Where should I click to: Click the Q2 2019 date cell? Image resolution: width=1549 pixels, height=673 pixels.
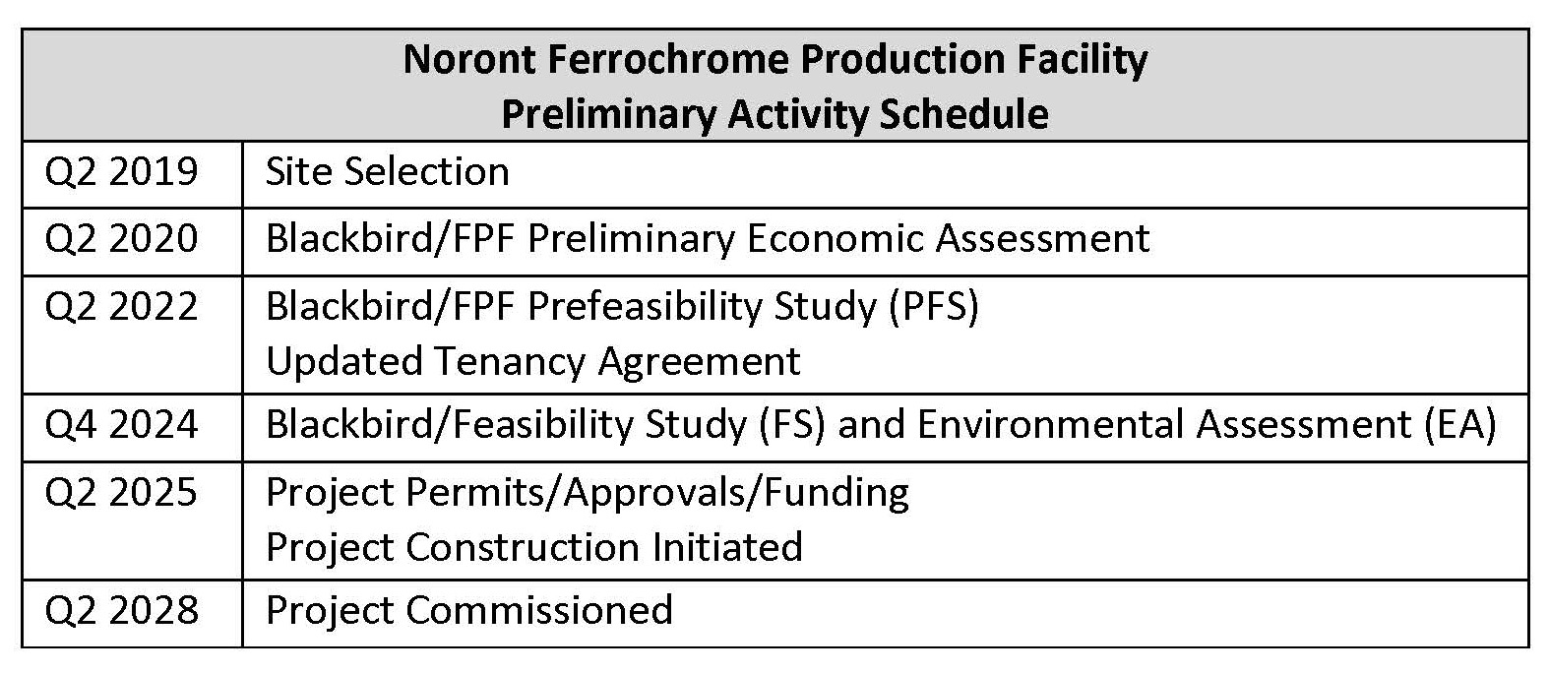point(121,171)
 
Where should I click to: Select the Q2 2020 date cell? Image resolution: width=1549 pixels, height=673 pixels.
point(121,239)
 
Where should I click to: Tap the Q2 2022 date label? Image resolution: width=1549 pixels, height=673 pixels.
point(121,306)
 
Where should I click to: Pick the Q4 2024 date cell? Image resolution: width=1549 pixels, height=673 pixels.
point(121,425)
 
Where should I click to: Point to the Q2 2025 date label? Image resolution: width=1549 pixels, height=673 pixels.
point(121,493)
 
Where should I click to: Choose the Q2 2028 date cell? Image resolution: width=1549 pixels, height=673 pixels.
point(121,610)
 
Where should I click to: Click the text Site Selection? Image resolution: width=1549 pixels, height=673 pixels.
point(388,171)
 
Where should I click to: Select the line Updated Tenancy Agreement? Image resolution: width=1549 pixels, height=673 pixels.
point(533,362)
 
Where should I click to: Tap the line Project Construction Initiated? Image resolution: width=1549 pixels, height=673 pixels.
point(533,547)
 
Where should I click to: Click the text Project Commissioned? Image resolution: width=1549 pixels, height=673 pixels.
point(468,610)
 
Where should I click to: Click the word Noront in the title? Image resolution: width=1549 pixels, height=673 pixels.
point(468,59)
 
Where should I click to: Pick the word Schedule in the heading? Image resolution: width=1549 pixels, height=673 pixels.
point(963,114)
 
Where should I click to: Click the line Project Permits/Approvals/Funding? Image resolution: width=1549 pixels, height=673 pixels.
point(588,494)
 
